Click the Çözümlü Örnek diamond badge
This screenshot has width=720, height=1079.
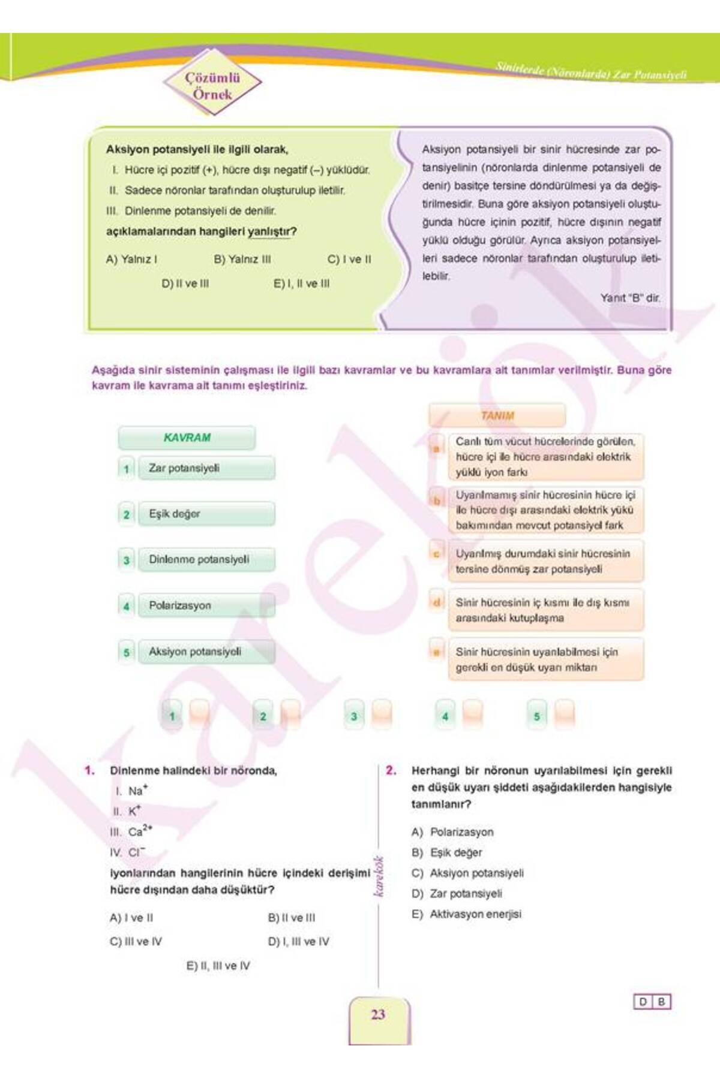pyautogui.click(x=212, y=86)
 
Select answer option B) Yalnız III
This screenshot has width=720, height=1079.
pyautogui.click(x=242, y=260)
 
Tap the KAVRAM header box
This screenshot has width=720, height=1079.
pyautogui.click(x=187, y=438)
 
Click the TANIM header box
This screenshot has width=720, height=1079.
pyautogui.click(x=497, y=415)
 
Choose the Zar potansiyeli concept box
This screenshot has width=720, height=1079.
pyautogui.click(x=206, y=468)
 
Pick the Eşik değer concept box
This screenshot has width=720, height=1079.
pyautogui.click(x=206, y=514)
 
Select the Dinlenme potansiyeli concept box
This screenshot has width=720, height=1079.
pyautogui.click(x=206, y=560)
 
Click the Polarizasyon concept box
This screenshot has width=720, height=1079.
pyautogui.click(x=206, y=605)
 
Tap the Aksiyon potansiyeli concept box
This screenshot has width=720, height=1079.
pyautogui.click(x=206, y=652)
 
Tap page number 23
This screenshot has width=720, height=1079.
pyautogui.click(x=378, y=1014)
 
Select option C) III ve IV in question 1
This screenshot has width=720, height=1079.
pyautogui.click(x=136, y=942)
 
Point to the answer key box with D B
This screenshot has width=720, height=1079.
pyautogui.click(x=652, y=1002)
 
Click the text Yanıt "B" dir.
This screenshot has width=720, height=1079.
pyautogui.click(x=630, y=298)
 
